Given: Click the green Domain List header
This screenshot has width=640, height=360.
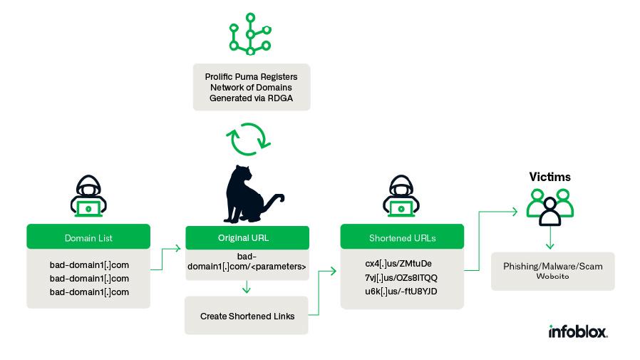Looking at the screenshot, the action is pyautogui.click(x=88, y=237).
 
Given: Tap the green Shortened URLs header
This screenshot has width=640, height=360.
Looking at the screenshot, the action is pyautogui.click(x=402, y=237).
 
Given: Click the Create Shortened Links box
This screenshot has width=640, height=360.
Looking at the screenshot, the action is pyautogui.click(x=247, y=316).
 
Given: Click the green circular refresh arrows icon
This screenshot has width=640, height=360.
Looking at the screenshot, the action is pyautogui.click(x=249, y=139).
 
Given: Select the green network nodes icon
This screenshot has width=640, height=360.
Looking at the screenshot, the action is pyautogui.click(x=250, y=34).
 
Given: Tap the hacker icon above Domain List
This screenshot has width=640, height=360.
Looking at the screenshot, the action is pyautogui.click(x=88, y=196).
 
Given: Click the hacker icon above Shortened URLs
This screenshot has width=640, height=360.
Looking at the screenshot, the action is pyautogui.click(x=401, y=196).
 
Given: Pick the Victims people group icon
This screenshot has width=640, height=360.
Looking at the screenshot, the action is pyautogui.click(x=549, y=207).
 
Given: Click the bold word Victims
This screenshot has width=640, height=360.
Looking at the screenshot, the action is pyautogui.click(x=549, y=177).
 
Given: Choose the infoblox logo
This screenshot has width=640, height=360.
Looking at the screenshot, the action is pyautogui.click(x=578, y=331).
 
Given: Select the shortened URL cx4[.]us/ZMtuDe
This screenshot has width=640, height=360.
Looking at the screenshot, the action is pyautogui.click(x=398, y=264).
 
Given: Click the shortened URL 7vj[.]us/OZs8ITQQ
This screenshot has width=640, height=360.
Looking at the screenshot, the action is pyautogui.click(x=401, y=277).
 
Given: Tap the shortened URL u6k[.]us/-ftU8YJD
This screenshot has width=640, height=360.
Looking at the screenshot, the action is pyautogui.click(x=401, y=292).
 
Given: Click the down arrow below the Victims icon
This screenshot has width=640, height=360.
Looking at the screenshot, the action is pyautogui.click(x=549, y=237).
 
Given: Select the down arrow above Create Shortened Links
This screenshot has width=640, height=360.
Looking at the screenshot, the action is pyautogui.click(x=246, y=287).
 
